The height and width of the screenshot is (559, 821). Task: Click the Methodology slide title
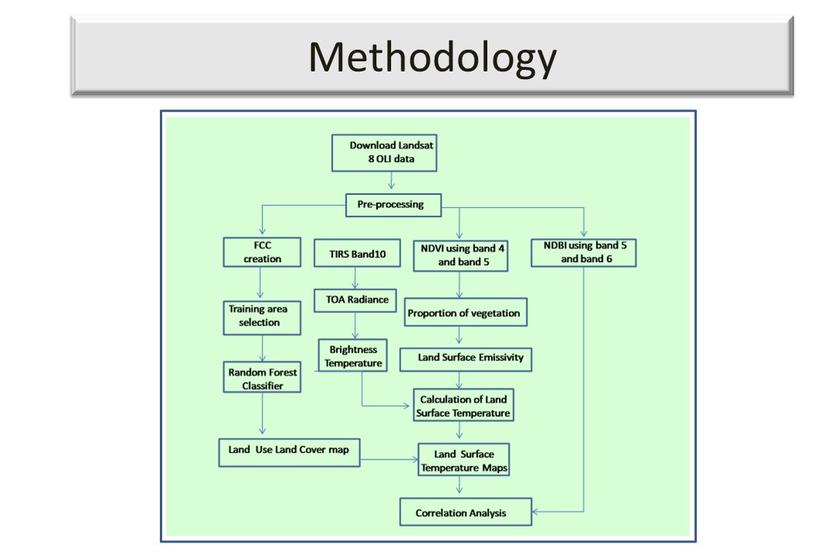[432, 57]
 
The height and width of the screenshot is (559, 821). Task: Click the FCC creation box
[262, 252]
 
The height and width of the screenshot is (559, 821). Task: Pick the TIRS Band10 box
[354, 252]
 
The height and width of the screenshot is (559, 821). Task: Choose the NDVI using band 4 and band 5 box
[461, 255]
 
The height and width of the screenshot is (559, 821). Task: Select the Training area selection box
[262, 316]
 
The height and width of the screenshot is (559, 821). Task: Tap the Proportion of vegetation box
[464, 314]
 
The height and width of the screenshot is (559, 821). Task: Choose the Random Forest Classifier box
[262, 378]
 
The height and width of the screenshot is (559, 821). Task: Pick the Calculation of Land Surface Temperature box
[462, 406]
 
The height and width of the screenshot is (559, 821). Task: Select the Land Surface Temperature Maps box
[463, 460]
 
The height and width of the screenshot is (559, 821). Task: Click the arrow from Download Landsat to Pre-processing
[392, 182]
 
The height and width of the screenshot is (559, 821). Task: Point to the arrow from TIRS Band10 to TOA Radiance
[355, 278]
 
